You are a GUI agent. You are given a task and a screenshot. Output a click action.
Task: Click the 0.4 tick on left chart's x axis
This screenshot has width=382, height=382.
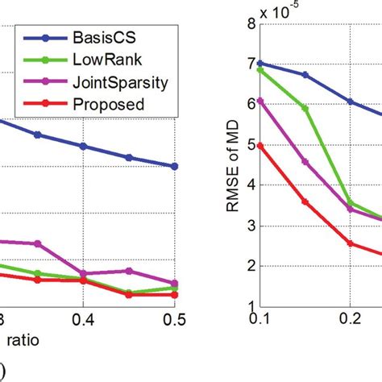tap(82, 320)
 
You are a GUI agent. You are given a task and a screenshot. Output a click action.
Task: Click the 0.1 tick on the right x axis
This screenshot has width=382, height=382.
tap(260, 320)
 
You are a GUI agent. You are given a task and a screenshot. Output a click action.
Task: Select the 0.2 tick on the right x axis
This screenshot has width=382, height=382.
tap(350, 320)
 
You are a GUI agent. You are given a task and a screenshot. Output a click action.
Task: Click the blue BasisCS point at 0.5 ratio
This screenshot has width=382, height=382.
tap(174, 166)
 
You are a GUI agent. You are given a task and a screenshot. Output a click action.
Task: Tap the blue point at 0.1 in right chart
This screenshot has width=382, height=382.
tap(260, 63)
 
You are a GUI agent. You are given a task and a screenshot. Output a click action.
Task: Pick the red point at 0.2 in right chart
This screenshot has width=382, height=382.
tap(350, 243)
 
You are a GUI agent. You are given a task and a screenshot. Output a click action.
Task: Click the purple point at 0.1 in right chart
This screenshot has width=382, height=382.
tap(260, 101)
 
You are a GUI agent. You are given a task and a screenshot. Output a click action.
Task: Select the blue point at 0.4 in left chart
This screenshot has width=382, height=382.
tap(82, 146)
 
